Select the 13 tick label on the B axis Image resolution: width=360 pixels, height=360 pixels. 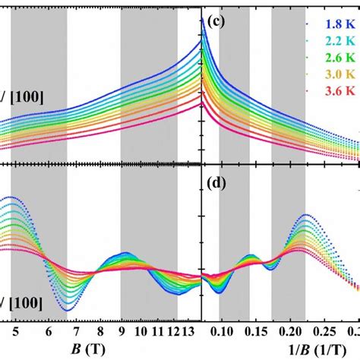click(191, 332)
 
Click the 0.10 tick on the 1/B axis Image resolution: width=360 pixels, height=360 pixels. click(222, 332)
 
